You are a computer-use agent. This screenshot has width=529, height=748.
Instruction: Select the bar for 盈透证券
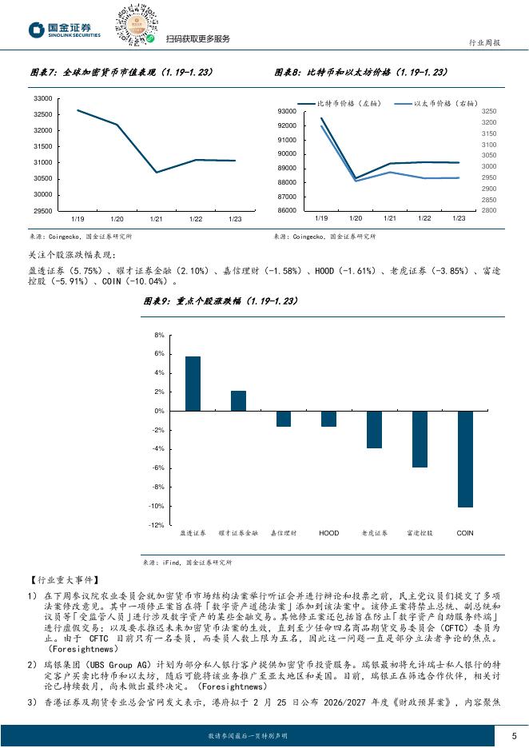(193, 384)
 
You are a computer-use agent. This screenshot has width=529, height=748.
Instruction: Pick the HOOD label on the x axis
(328, 532)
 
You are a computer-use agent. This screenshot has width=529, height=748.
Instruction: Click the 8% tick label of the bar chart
(159, 335)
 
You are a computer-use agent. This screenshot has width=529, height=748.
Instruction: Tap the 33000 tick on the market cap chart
(42, 98)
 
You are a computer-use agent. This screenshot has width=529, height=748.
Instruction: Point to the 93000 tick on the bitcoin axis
(287, 111)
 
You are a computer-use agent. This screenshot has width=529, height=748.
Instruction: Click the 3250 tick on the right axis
(490, 111)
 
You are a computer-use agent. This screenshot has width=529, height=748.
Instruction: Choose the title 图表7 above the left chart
(120, 72)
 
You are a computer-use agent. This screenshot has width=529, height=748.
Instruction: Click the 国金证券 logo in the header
(65, 30)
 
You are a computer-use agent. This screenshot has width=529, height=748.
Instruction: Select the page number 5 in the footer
(512, 734)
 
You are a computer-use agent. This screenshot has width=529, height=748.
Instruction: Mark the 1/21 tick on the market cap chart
(157, 218)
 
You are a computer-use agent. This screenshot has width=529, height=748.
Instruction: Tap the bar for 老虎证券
(374, 429)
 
